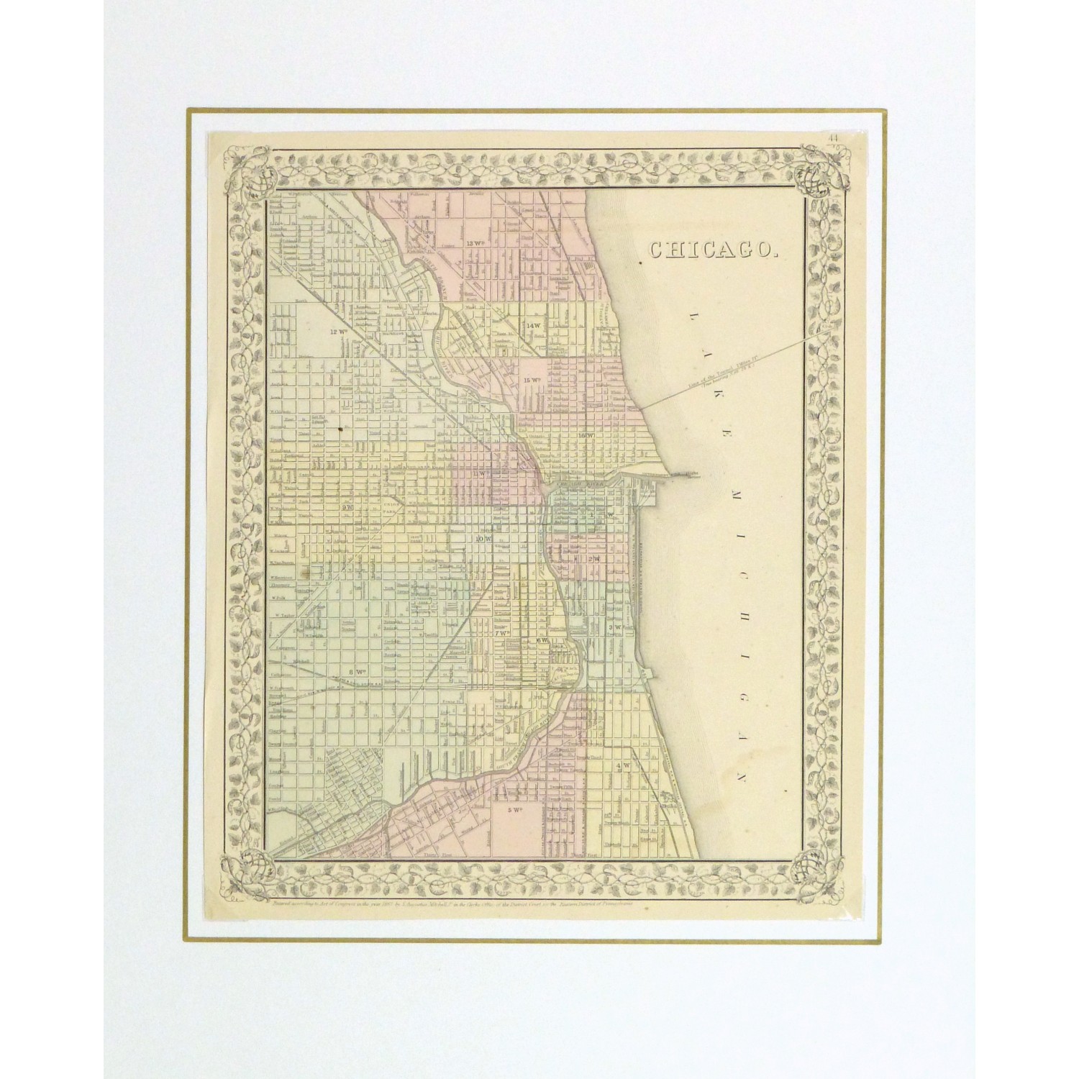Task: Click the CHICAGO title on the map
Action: (x=712, y=250)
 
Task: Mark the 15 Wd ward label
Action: (x=532, y=379)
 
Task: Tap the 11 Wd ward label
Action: (x=481, y=473)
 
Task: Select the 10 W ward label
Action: (x=482, y=538)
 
